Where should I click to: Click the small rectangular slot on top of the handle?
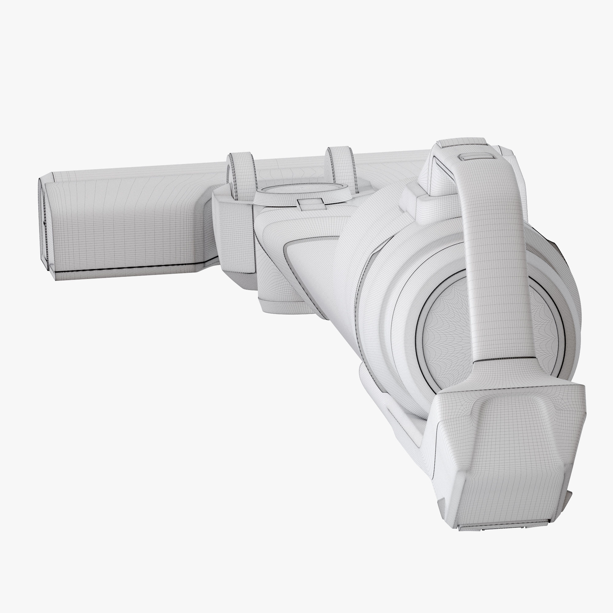(476, 157)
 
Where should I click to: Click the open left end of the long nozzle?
(43, 222)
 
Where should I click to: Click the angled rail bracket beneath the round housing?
(397, 416)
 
